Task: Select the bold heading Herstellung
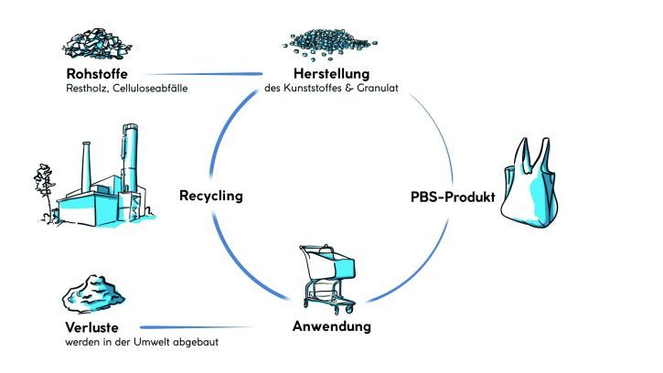(330, 74)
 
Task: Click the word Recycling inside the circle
(211, 196)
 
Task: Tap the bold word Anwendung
(330, 326)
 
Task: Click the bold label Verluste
(91, 327)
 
